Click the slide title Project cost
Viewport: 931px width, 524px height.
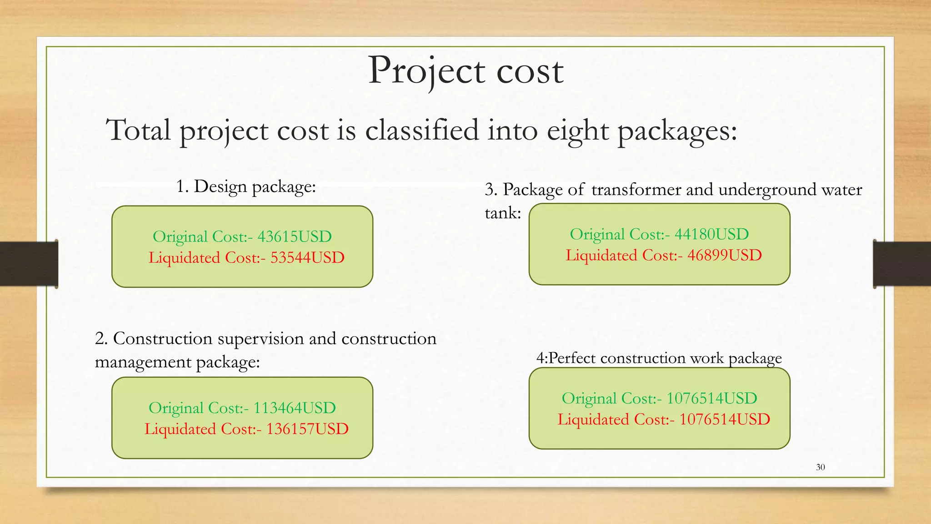[x=465, y=71]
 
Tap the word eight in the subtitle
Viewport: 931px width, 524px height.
[x=577, y=131]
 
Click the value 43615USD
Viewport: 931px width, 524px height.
[x=295, y=237]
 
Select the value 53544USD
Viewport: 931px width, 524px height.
[x=307, y=258]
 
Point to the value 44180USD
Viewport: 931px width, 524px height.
[x=711, y=234]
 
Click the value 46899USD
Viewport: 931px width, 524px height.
[x=724, y=255]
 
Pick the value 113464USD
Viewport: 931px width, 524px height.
[x=295, y=408]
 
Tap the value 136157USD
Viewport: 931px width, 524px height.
[x=307, y=429]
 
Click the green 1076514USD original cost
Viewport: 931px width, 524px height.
[x=711, y=398]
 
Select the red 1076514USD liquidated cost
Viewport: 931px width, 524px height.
[x=724, y=419]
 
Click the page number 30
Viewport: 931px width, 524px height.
[x=820, y=467]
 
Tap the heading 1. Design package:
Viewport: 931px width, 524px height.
[x=245, y=186]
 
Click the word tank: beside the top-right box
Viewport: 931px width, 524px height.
[x=503, y=212]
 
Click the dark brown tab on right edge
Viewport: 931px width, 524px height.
[x=902, y=264]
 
